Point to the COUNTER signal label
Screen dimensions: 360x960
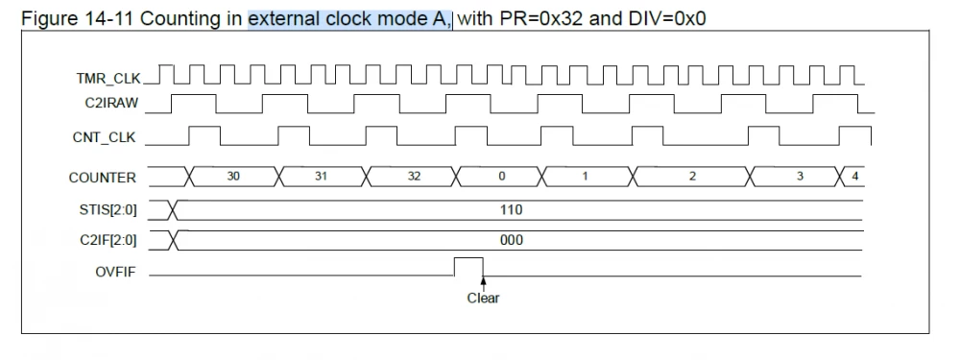102,178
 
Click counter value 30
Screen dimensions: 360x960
233,178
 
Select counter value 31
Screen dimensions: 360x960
324,178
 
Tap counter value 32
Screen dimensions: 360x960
414,178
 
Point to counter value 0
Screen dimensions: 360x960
500,178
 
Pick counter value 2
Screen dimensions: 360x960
693,178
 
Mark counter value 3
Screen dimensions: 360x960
800,178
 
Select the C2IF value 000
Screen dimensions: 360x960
511,240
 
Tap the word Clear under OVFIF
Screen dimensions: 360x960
483,298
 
